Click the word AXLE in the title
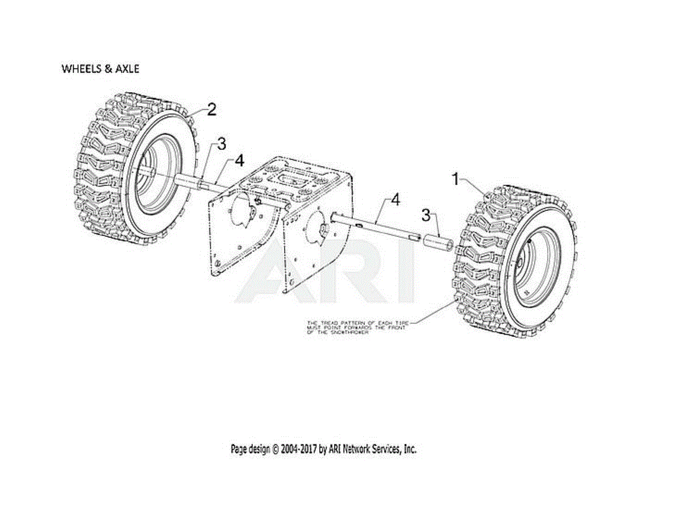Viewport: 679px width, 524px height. (x=127, y=69)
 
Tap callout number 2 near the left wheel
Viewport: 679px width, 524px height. (x=211, y=110)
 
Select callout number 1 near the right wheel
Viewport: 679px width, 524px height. (x=455, y=180)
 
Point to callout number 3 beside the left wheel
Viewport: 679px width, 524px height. (x=221, y=145)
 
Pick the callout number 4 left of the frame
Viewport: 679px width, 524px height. (x=239, y=161)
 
